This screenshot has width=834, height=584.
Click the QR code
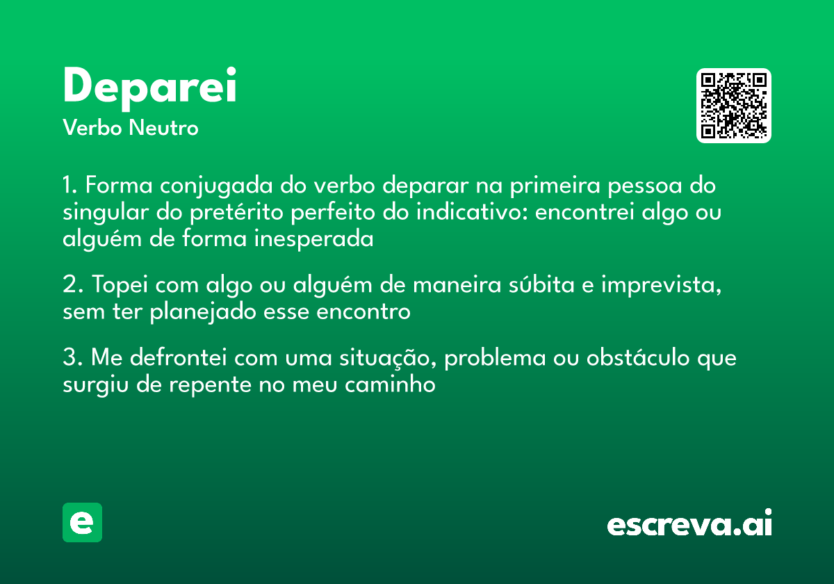tap(734, 106)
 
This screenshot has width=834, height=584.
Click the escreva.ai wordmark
tap(689, 524)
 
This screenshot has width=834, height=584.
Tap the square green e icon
tap(82, 522)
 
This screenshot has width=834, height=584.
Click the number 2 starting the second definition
tap(69, 286)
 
